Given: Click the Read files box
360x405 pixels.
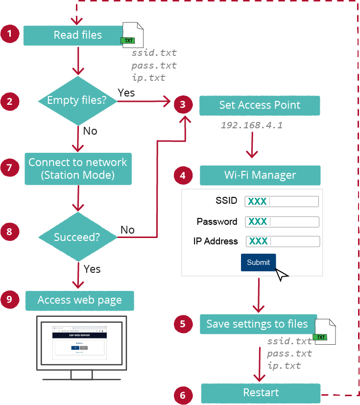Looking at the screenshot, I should pos(77,35).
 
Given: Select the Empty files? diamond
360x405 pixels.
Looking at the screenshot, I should pos(78,101).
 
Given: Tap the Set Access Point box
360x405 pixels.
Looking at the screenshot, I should pos(260,105).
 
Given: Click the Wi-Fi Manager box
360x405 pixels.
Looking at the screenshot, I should pos(260,175).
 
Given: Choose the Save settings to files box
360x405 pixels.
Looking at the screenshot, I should pos(258,324).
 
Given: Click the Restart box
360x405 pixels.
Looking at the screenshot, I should pos(261,393).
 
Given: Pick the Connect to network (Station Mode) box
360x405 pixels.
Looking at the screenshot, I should pos(78,168).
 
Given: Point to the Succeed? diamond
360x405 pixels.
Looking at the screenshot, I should pos(78,237).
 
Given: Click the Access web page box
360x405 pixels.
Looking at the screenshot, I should pos(80,300).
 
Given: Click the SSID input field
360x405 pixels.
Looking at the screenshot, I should pos(282,201).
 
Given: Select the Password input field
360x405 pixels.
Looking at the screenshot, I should pos(282,222).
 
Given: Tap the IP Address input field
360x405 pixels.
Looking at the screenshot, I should pos(282,241).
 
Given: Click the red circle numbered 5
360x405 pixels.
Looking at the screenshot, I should pos(183,324).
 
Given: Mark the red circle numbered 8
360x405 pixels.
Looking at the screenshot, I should pos(9,232).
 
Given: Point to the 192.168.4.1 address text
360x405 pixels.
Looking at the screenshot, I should pos(251,125).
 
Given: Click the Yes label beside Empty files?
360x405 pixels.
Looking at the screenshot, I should pos(126,93).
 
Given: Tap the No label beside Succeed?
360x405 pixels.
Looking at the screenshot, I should pos(127,230).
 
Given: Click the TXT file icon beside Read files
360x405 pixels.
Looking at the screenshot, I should pos(132,34).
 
